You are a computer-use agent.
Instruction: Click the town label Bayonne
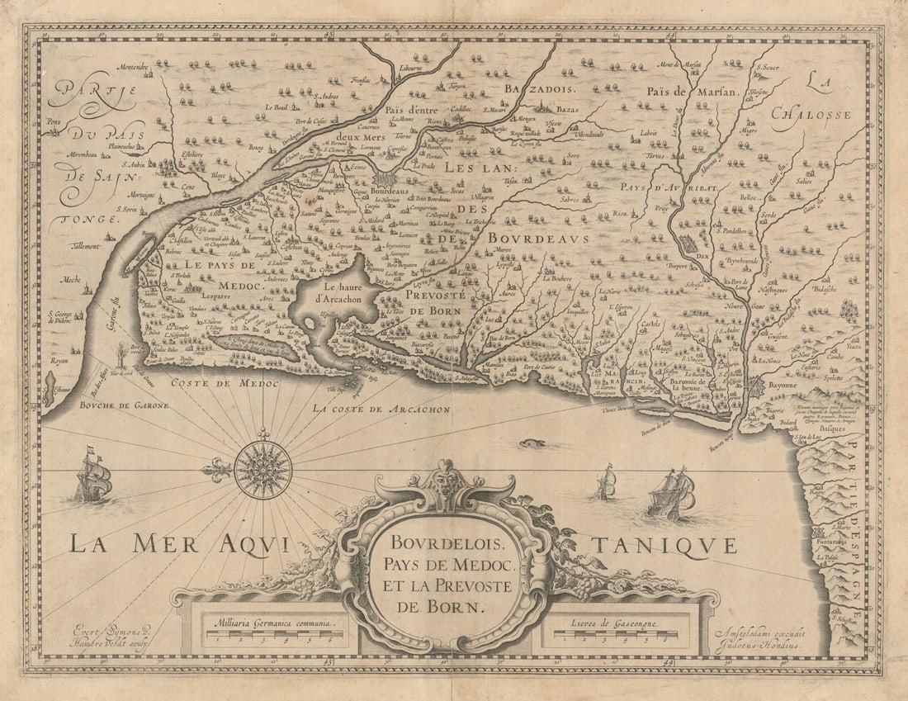tap(781, 385)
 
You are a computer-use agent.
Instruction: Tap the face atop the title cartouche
tap(446, 479)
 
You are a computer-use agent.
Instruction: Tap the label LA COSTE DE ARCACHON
tap(381, 409)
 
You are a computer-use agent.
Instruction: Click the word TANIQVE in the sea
tap(663, 545)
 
